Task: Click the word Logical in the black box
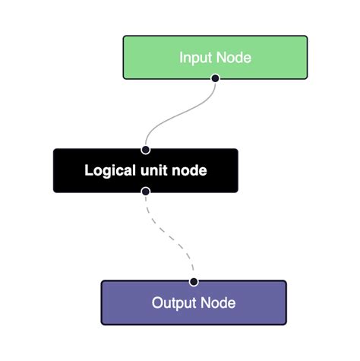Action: (x=111, y=171)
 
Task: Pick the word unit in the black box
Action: (x=157, y=171)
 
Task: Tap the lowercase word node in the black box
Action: (x=190, y=171)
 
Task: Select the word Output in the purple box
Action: (x=174, y=303)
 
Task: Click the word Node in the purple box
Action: (x=218, y=303)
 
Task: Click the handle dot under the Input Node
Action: (x=215, y=78)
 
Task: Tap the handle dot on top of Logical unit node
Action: (x=145, y=150)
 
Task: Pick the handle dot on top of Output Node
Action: (x=194, y=281)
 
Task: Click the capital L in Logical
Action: (x=88, y=171)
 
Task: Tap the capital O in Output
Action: (x=157, y=303)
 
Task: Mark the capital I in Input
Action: (x=182, y=58)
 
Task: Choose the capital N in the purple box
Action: (x=205, y=303)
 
